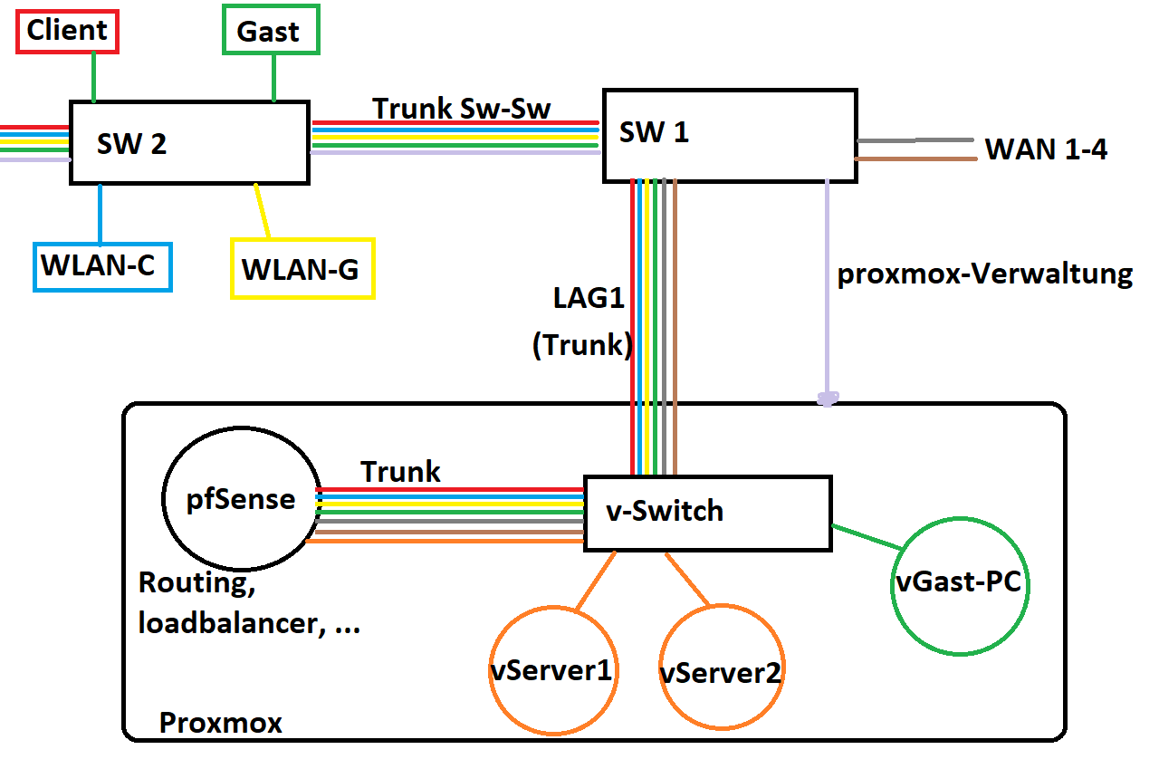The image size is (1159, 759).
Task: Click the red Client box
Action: pos(68,32)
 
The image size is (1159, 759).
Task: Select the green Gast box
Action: pos(270,32)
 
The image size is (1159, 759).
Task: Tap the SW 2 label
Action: pos(132,143)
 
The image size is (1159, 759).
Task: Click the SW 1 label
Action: pos(654,132)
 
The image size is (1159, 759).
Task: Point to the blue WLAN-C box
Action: pos(101,266)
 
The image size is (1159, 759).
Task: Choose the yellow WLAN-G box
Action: pos(302,269)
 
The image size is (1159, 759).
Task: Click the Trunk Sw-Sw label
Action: pos(462,108)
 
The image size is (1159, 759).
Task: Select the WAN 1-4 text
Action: pos(1046,149)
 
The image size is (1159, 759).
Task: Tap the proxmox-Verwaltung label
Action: pos(984,274)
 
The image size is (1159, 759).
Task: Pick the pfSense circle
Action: pos(241,500)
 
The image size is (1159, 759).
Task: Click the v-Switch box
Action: pos(706,513)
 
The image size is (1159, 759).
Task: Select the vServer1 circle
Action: pos(550,670)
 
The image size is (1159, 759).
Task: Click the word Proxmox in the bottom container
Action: pos(221,723)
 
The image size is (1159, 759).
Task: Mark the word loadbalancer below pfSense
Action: pos(223,623)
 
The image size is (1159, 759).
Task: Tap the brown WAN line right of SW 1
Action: pos(915,160)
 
